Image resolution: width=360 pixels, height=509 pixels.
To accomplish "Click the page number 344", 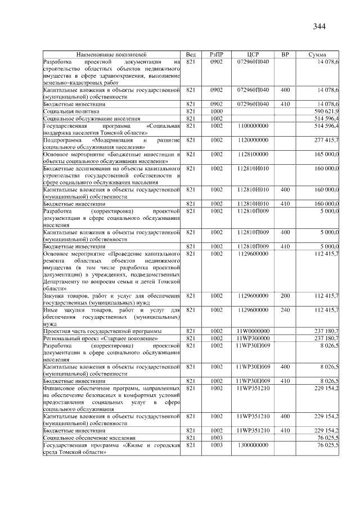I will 319,26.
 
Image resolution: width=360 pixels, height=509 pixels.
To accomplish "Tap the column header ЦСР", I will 252,54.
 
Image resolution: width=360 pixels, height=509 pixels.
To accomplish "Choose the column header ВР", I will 285,54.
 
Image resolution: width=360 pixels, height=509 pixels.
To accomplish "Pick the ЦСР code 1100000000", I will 253,126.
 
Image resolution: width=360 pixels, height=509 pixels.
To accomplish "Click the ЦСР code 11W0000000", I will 253,331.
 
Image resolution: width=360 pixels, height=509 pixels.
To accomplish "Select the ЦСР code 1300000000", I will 253,445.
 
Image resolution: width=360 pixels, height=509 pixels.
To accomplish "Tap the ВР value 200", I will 285,295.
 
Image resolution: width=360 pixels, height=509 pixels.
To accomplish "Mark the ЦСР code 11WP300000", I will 253,338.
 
